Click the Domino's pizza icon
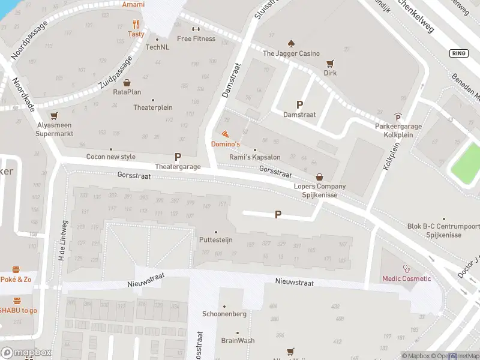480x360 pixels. click(x=225, y=134)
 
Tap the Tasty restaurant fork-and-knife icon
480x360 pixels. click(x=136, y=25)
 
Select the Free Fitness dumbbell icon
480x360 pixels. click(x=196, y=29)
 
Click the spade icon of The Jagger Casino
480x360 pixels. click(x=291, y=43)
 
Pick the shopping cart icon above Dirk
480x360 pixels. click(x=329, y=63)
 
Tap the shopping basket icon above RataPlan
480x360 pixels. click(x=127, y=82)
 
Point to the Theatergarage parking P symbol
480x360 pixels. click(x=178, y=156)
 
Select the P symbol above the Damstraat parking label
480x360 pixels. click(x=299, y=104)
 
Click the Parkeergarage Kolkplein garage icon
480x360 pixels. click(x=397, y=117)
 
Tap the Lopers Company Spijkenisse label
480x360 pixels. click(x=320, y=191)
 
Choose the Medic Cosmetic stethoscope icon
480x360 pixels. click(x=406, y=268)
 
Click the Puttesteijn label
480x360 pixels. click(x=215, y=239)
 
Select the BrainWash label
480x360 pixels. click(x=238, y=340)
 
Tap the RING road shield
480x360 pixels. click(x=458, y=53)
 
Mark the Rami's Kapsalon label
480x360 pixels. click(x=255, y=157)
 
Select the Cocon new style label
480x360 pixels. click(x=111, y=157)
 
